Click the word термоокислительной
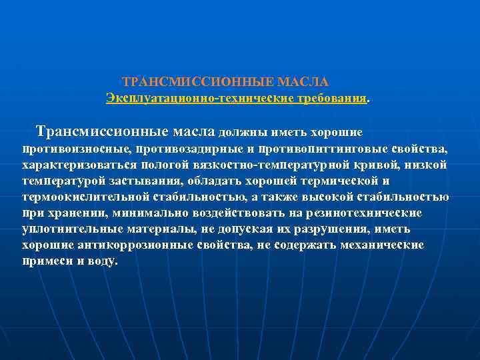click(x=85, y=197)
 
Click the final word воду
click(x=104, y=261)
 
